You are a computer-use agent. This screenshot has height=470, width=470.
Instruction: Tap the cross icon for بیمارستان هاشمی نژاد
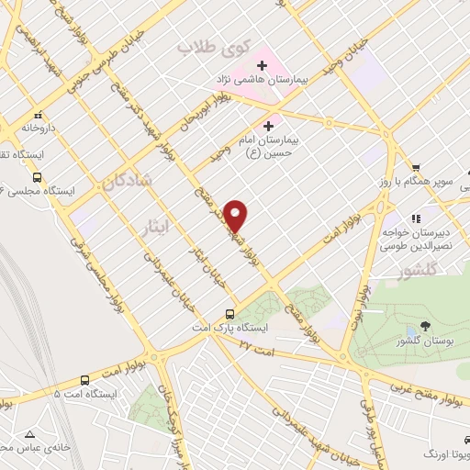[x=263, y=65]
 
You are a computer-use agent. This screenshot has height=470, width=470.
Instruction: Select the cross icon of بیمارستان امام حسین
[x=269, y=126]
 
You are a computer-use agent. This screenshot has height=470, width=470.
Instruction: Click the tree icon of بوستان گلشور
[x=424, y=325]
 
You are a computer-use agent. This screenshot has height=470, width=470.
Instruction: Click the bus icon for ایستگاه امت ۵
[x=84, y=380]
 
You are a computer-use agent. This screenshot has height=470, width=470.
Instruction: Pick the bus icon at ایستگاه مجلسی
[x=37, y=177]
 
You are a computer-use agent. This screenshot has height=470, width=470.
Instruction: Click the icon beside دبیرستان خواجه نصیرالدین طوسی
[x=416, y=218]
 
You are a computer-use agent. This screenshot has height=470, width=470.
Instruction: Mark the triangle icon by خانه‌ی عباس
[x=31, y=434]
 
